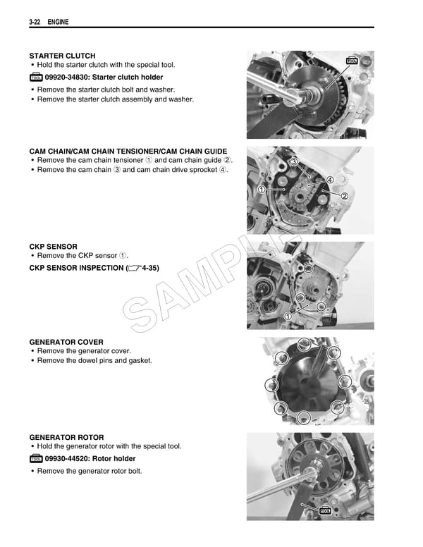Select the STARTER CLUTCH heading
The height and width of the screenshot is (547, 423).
(62, 56)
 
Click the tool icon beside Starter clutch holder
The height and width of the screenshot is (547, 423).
(36, 78)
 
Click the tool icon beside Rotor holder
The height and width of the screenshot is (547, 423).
(36, 459)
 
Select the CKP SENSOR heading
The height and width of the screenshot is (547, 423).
(54, 247)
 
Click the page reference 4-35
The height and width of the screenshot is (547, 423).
(148, 269)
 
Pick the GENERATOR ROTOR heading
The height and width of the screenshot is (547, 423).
(66, 437)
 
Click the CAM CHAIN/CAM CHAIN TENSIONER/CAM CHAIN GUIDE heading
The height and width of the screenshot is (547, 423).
(128, 152)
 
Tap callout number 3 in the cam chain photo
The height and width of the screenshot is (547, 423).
(294, 163)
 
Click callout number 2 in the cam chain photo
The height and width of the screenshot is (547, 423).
(345, 195)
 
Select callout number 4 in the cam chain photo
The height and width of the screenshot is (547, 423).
(329, 180)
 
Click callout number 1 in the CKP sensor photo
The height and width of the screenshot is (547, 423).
(288, 316)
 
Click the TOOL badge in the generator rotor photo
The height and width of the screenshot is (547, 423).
(325, 510)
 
